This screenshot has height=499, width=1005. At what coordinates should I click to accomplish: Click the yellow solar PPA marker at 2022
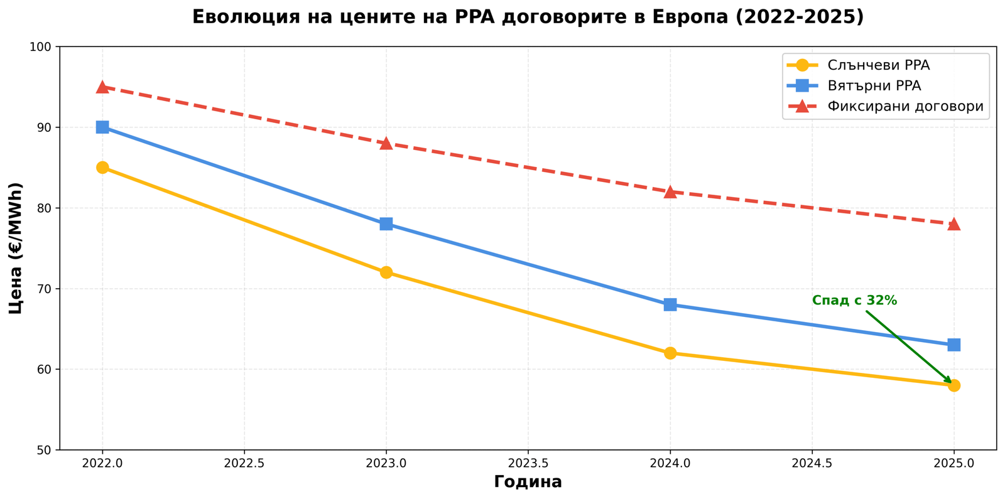click(x=102, y=168)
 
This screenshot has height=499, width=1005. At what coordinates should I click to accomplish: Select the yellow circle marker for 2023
click(x=386, y=272)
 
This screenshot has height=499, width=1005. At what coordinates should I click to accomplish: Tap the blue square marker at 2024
click(x=670, y=304)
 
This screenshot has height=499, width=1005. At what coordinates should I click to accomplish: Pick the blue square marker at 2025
click(x=953, y=345)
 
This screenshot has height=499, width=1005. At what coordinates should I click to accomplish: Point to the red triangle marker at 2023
click(x=386, y=144)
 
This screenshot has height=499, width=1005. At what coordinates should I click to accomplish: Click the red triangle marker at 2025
click(x=953, y=224)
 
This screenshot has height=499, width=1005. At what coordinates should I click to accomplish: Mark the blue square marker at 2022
click(x=102, y=127)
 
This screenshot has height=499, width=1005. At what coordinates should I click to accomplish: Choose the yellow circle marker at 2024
click(x=670, y=353)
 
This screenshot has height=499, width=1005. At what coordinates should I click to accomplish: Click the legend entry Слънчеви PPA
click(x=878, y=65)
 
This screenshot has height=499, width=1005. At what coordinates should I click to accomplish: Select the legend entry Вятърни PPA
click(x=874, y=86)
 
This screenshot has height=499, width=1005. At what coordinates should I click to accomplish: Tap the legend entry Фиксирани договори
click(x=905, y=106)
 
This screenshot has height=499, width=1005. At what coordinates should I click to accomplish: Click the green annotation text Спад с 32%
click(x=854, y=301)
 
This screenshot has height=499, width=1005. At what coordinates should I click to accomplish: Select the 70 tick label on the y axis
click(x=45, y=289)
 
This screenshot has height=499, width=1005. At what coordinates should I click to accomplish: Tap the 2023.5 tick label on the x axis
click(x=528, y=463)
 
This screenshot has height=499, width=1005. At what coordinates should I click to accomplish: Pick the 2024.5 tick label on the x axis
click(x=812, y=463)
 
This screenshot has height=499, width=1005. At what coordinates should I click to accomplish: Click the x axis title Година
click(x=528, y=482)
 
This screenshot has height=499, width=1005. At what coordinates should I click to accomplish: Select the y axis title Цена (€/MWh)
click(x=16, y=248)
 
